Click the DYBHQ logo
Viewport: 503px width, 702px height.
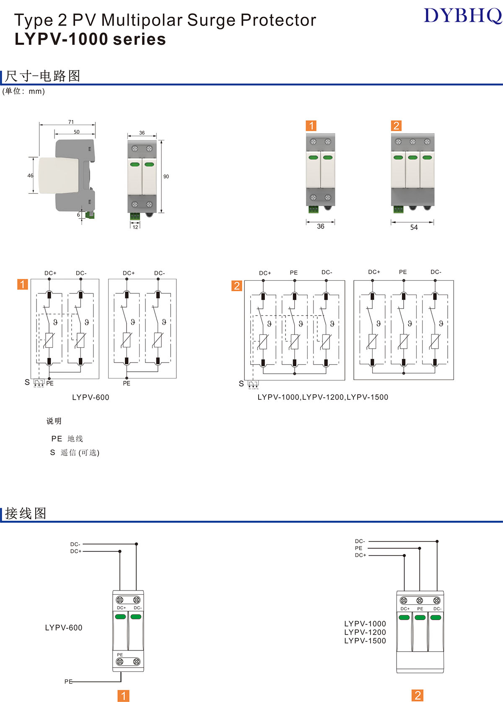[x=462, y=16]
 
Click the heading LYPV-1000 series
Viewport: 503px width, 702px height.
[x=90, y=39]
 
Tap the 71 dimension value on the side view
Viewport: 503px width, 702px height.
[x=71, y=122]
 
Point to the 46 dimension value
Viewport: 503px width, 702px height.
[x=30, y=176]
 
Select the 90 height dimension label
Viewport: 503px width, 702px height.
[x=166, y=176]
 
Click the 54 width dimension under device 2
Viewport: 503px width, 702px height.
[x=414, y=227]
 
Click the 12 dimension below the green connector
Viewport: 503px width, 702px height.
[x=135, y=227]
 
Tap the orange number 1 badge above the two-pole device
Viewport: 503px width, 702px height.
[x=311, y=126]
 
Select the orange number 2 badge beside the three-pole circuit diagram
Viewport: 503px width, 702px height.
[x=237, y=286]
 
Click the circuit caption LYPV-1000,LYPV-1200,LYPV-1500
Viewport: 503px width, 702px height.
[x=323, y=397]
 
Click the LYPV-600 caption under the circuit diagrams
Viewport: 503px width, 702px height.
[x=91, y=397]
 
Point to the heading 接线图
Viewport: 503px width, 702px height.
[x=26, y=513]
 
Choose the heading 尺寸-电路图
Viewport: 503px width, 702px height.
[x=42, y=76]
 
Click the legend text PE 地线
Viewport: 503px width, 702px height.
[x=67, y=438]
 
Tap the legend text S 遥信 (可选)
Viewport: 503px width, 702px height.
[x=75, y=453]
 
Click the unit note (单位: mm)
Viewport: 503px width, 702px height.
[x=23, y=91]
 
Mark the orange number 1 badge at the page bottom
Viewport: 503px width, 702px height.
[x=123, y=696]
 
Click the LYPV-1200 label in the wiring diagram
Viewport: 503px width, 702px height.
[x=365, y=632]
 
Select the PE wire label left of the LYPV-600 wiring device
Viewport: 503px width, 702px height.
[x=68, y=681]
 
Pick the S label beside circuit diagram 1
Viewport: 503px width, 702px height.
[x=27, y=382]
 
